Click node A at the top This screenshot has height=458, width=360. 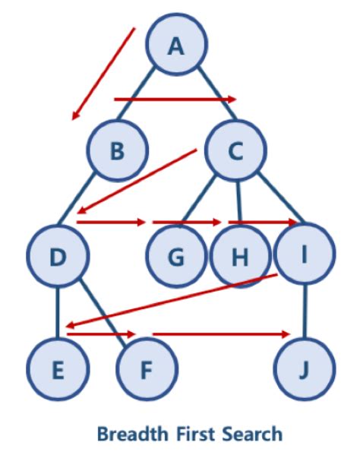[x=177, y=44]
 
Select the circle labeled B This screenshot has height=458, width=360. [x=118, y=150]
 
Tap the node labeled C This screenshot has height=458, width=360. [x=236, y=150]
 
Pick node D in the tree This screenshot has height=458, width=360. [x=58, y=256]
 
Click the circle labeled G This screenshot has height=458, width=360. [x=176, y=256]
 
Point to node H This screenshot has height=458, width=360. [x=240, y=257]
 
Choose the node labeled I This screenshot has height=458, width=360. [x=305, y=253]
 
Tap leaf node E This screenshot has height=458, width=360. [x=58, y=369]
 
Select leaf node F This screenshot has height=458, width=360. [x=147, y=369]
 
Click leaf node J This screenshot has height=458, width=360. [x=305, y=369]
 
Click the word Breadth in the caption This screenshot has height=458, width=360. [x=133, y=434]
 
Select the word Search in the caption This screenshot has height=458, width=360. [x=252, y=434]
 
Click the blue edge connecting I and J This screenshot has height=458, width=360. [x=305, y=311]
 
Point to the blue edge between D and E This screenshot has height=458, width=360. [x=58, y=312]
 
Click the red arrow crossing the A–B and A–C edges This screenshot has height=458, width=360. [x=175, y=99]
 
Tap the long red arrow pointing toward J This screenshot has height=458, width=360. [x=221, y=334]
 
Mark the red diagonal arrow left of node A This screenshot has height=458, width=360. [x=103, y=74]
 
